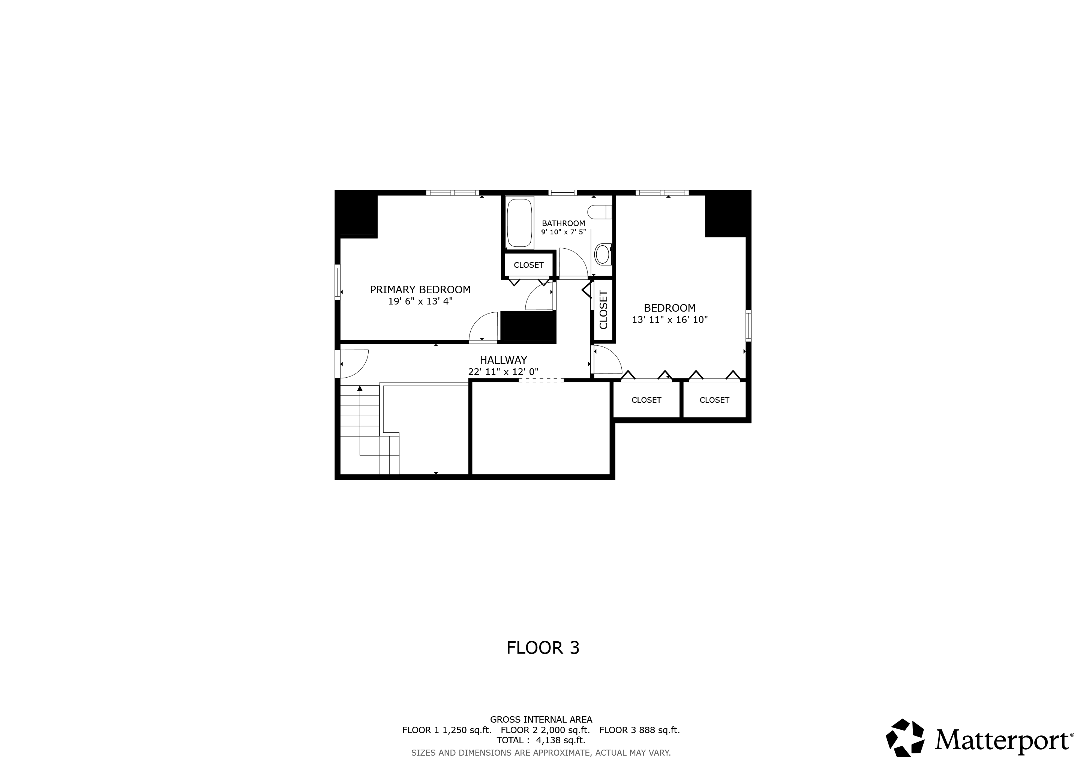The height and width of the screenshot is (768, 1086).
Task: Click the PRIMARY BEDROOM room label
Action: click(420, 289)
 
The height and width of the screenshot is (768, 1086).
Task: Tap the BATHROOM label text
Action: click(563, 223)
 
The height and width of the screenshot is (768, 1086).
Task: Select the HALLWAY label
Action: click(503, 360)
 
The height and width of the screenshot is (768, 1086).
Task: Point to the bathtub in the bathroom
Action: click(520, 222)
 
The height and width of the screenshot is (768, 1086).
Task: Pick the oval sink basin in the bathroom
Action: click(602, 254)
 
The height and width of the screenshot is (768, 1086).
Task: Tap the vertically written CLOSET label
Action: click(603, 310)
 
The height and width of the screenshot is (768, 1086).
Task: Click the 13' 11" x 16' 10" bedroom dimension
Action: click(670, 319)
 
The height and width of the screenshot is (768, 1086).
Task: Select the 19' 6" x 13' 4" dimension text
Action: click(420, 301)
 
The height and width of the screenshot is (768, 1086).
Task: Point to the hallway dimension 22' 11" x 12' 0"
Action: click(503, 372)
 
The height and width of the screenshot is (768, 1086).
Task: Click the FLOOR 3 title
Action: click(543, 647)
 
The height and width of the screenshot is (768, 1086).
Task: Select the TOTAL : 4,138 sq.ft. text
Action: click(541, 740)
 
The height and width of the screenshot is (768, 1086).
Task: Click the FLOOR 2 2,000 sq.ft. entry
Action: click(545, 730)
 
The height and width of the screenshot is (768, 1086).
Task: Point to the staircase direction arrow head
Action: click(360, 388)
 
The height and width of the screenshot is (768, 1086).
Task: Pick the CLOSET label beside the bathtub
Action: click(528, 265)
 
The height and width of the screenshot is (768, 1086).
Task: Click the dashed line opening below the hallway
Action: click(541, 380)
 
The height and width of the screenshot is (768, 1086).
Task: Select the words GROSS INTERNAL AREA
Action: click(541, 719)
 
